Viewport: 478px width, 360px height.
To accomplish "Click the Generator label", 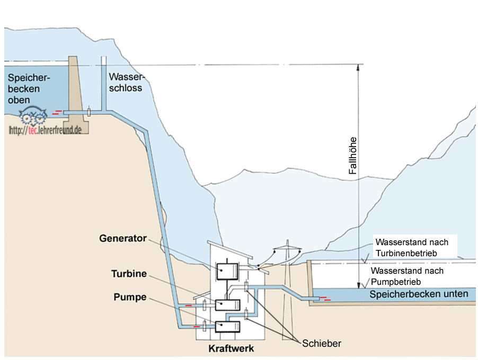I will (x=122, y=238).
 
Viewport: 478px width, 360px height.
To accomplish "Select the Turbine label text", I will (x=129, y=274).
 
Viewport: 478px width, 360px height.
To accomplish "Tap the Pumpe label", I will (x=130, y=297).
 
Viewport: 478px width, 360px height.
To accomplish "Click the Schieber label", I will (x=321, y=343).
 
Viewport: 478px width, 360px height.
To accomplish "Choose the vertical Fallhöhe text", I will (x=352, y=156).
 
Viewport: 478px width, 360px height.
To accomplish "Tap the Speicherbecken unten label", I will (x=419, y=294).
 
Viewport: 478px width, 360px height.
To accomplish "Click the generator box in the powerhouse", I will (x=227, y=271).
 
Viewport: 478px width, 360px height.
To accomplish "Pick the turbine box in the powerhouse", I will (x=227, y=305).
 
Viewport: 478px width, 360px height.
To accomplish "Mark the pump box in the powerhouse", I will (x=227, y=327).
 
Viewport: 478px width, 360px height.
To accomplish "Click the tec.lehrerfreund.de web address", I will (x=45, y=130).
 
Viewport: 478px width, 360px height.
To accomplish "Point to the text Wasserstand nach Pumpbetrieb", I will (x=408, y=276).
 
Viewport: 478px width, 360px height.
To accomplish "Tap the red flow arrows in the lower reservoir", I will (x=329, y=300).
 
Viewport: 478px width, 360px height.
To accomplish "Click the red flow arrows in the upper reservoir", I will (x=56, y=112).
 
